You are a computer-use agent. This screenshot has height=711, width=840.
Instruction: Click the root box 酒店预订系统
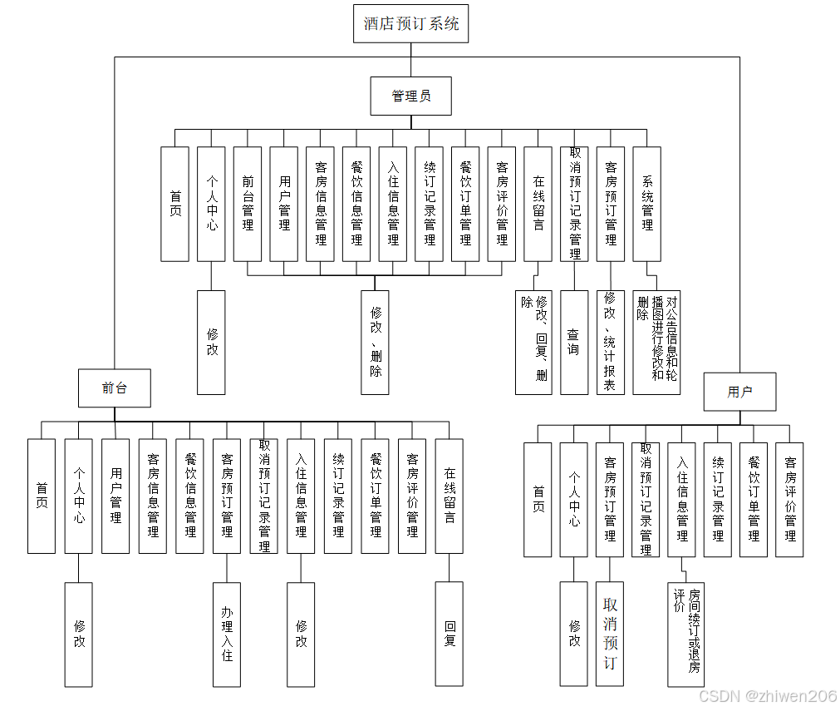click(x=410, y=23)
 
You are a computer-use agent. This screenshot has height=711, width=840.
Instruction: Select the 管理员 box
click(x=410, y=96)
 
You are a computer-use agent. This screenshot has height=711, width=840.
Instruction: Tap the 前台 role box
click(x=115, y=388)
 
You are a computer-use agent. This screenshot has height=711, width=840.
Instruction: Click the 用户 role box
click(x=739, y=392)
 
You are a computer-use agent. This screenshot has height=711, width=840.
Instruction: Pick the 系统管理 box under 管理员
click(x=646, y=204)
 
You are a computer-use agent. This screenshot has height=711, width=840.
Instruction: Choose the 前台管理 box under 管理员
click(x=248, y=204)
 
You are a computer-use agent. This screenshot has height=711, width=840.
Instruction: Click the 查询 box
click(x=574, y=342)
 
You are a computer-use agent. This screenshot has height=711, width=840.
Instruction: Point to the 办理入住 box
click(x=227, y=634)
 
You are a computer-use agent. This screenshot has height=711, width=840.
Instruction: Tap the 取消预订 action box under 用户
click(x=610, y=634)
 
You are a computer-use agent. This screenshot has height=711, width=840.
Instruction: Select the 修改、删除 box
click(x=376, y=342)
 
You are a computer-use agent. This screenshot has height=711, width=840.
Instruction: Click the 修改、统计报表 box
click(x=611, y=342)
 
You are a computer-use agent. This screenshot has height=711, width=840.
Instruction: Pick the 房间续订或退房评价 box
click(x=686, y=634)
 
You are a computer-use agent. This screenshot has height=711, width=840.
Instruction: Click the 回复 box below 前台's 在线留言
click(x=449, y=634)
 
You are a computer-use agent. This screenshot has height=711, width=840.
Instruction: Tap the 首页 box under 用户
click(x=538, y=499)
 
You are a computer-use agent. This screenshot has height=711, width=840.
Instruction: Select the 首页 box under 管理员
click(x=174, y=204)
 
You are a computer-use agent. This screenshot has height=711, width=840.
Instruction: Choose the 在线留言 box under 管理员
click(x=538, y=204)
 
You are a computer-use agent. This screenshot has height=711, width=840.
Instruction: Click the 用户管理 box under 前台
click(x=115, y=496)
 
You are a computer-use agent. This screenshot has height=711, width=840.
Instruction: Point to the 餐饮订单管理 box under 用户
click(x=754, y=499)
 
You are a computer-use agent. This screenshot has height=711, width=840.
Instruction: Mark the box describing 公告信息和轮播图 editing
click(x=656, y=342)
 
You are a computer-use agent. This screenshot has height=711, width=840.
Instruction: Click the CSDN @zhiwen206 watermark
click(x=767, y=696)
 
